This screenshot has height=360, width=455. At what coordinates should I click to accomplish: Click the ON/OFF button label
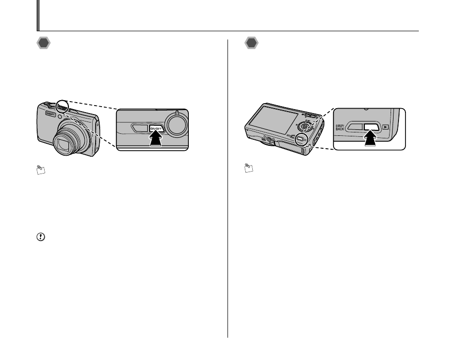pos(156,129)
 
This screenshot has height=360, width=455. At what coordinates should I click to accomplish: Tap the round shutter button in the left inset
pos(177,124)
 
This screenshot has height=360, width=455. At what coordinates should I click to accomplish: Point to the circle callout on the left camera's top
pos(63,105)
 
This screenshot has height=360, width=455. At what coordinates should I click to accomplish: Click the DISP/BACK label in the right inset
pos(340,127)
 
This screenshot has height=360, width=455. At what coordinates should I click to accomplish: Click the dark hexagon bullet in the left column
pos(44,43)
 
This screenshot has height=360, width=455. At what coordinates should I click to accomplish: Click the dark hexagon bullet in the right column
pos(252,43)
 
